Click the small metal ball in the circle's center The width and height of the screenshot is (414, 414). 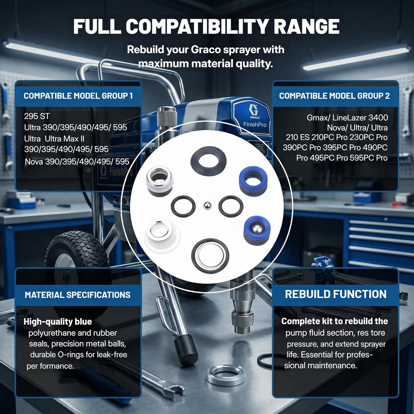tap(207, 205)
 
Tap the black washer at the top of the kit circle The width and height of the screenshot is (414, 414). tap(208, 161)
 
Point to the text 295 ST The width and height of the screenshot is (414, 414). tap(37, 116)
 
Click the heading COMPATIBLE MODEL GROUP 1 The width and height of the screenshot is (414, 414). tap(78, 96)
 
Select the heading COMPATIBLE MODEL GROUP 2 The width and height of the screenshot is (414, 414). tap(334, 96)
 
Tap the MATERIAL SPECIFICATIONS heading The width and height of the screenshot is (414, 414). tap(78, 295)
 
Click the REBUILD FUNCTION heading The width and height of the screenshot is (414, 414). tap(336, 294)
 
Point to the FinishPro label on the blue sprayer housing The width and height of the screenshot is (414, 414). tap(255, 125)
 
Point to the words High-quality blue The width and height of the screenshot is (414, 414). tap(58, 322)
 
